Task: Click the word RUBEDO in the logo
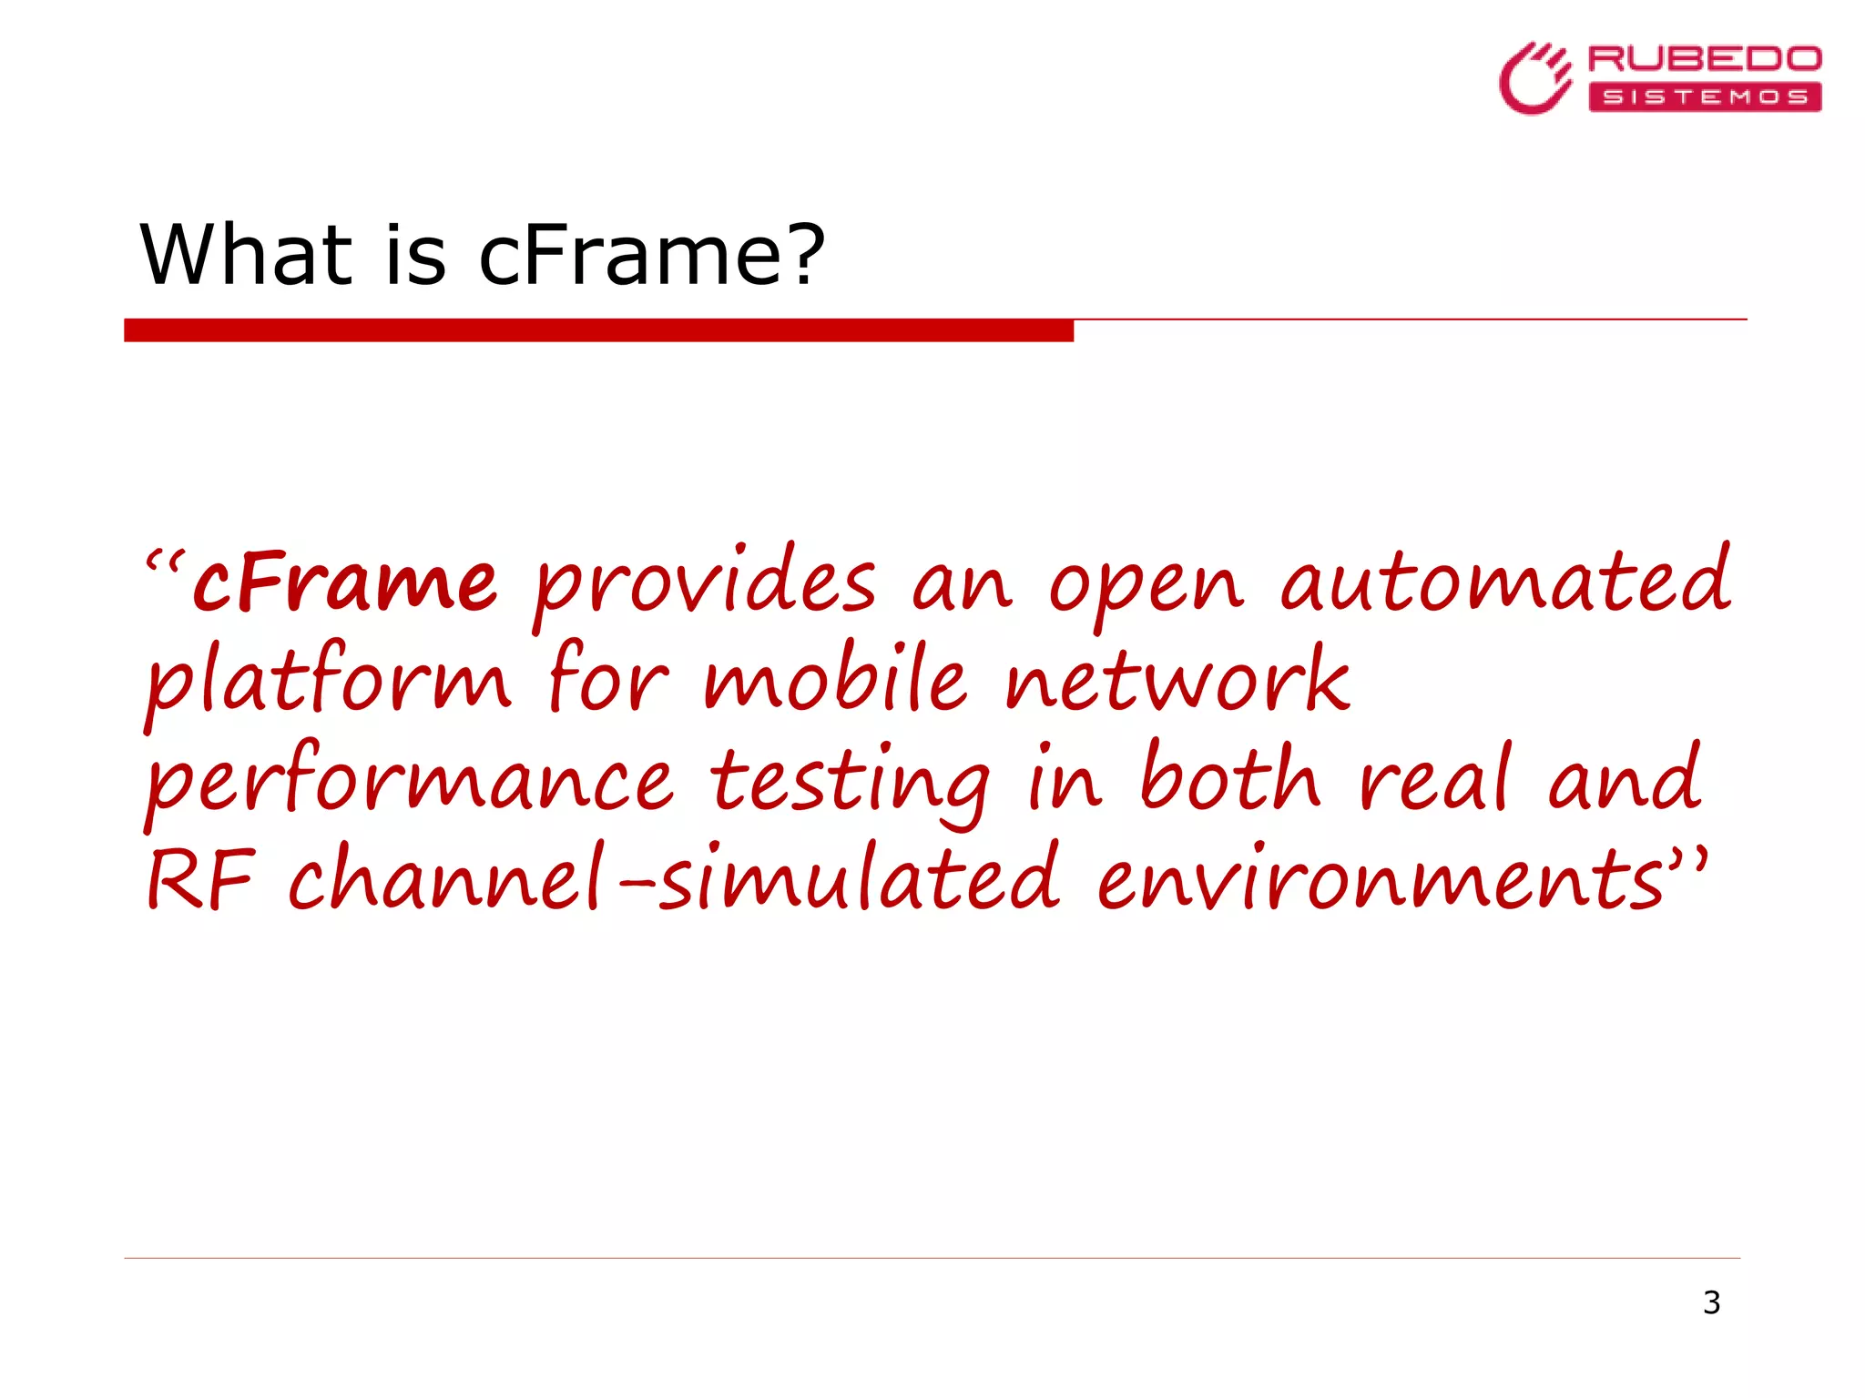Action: point(1704,59)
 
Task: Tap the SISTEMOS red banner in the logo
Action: point(1704,96)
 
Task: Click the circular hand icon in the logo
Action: point(1534,79)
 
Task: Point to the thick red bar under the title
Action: point(598,330)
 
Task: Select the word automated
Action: point(1504,582)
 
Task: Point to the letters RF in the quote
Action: point(200,880)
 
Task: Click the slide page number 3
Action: point(1711,1302)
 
